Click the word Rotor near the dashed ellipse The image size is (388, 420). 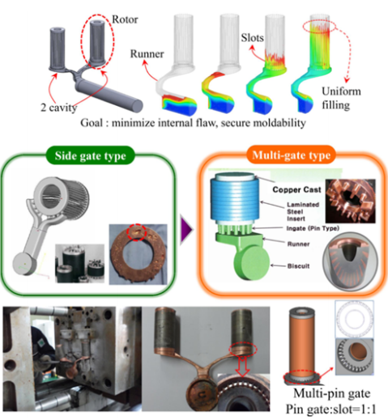(x=125, y=19)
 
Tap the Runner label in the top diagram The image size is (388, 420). (x=147, y=54)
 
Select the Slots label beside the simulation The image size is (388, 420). (x=252, y=38)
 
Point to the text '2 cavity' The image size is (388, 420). (x=59, y=108)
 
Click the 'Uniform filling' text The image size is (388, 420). (x=341, y=98)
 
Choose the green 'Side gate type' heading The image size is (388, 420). (x=91, y=155)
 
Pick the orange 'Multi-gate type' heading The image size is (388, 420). (x=292, y=155)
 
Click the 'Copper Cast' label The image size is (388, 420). (x=296, y=189)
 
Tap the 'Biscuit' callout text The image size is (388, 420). (x=298, y=266)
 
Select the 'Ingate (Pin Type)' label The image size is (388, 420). (x=313, y=228)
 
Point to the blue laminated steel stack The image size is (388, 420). (x=235, y=197)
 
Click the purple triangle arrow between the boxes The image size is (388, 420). (x=186, y=230)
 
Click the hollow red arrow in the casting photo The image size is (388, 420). (x=242, y=366)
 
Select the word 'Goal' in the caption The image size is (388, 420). (x=92, y=123)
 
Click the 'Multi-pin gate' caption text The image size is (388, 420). (x=332, y=393)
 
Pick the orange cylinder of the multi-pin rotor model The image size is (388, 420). (x=302, y=343)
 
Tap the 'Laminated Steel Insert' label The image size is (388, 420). (x=303, y=211)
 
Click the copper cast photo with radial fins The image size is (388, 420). (x=351, y=201)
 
